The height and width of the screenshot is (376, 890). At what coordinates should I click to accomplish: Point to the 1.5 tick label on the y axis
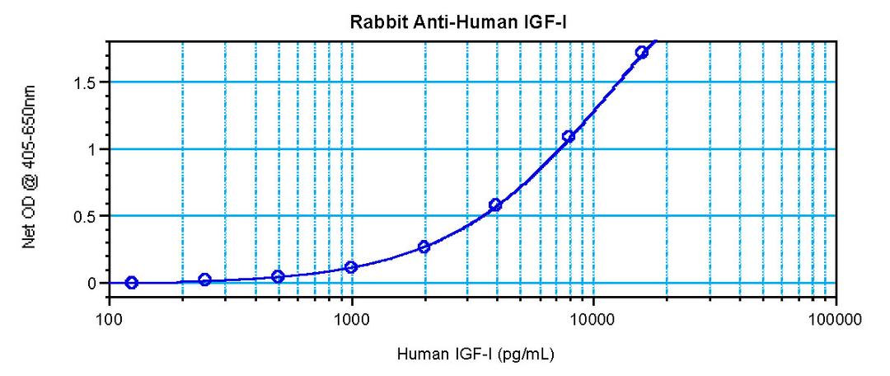pos(87,82)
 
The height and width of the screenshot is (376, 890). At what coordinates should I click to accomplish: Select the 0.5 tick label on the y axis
pos(87,216)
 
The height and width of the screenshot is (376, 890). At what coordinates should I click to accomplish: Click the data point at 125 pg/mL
pos(132,283)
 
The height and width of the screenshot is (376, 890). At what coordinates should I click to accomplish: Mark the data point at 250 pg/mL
pos(205,280)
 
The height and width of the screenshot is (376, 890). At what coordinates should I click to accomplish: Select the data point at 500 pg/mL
pos(278,276)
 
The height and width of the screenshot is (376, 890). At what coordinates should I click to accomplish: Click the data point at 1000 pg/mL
pos(351,267)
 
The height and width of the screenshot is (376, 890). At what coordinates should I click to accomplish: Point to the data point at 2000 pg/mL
pos(424,247)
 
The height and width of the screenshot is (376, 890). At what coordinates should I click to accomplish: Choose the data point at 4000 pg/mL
pos(495,204)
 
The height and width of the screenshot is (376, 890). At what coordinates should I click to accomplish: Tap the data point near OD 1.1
pos(568,136)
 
